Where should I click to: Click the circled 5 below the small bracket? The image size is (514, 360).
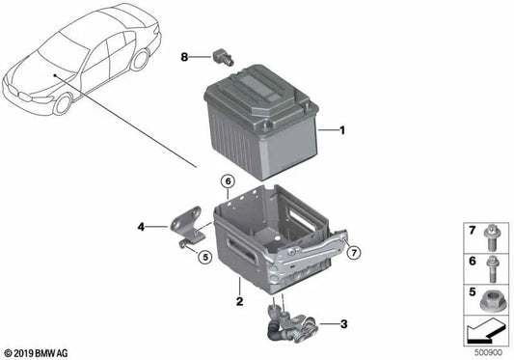tap(203, 256)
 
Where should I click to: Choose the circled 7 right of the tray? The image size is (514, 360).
tap(354, 253)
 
